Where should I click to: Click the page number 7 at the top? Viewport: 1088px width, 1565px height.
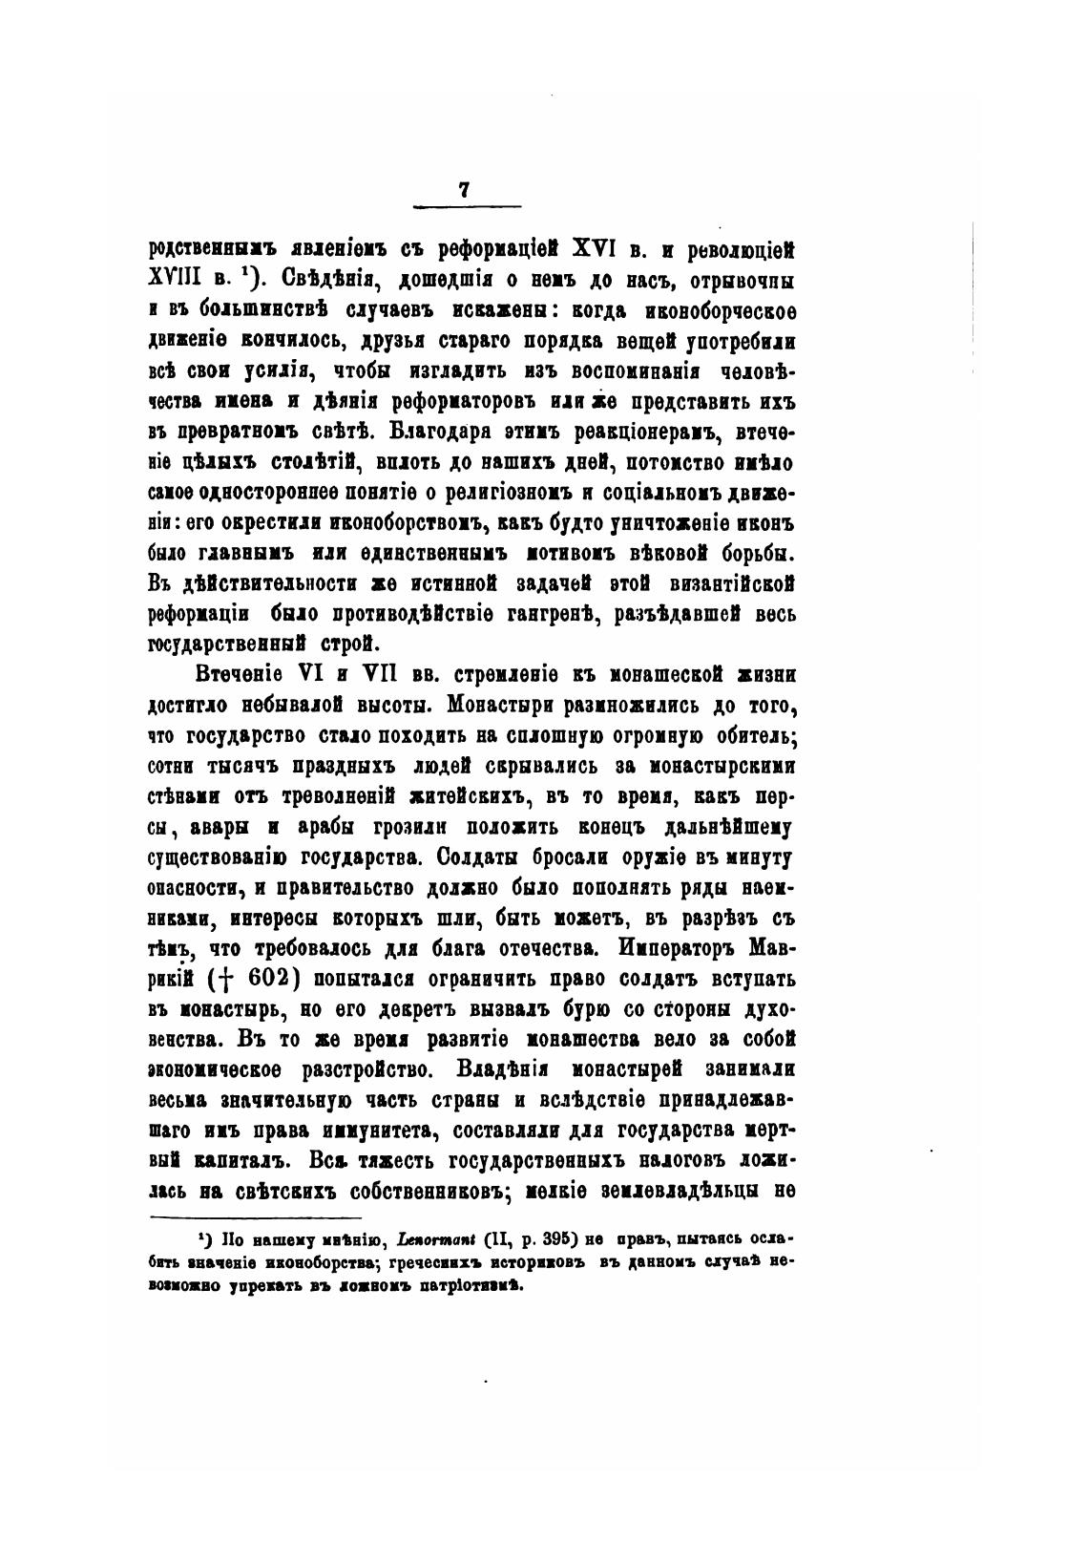pos(464,189)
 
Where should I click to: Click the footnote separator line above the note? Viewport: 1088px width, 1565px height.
pos(257,1217)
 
